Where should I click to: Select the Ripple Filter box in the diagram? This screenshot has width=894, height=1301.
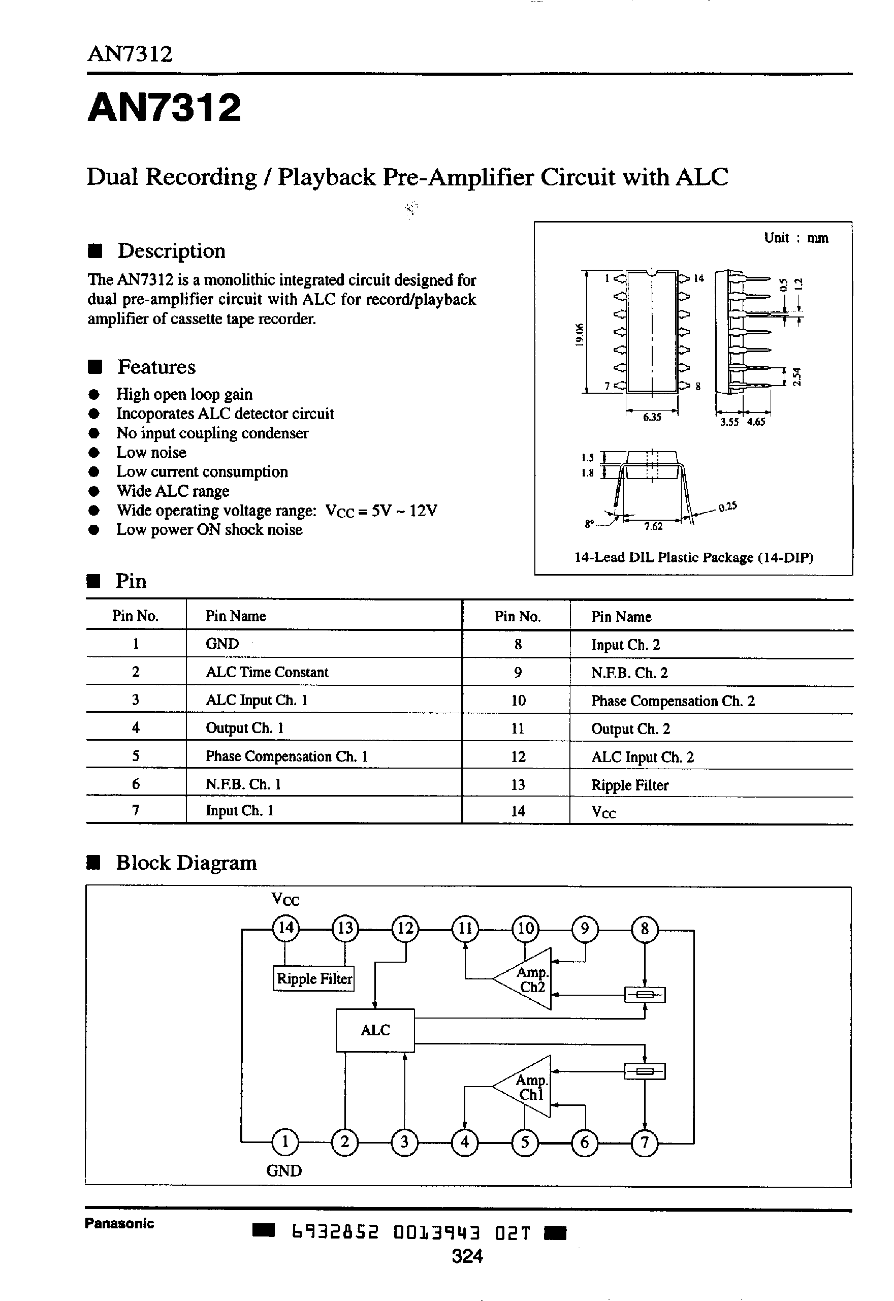pyautogui.click(x=314, y=978)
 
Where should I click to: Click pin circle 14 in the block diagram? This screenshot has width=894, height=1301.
pyautogui.click(x=285, y=928)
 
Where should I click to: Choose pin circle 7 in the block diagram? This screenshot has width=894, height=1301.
pyautogui.click(x=645, y=1141)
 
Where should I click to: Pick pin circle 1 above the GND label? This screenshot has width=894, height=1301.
pyautogui.click(x=285, y=1141)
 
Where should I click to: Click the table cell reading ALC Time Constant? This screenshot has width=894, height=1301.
pyautogui.click(x=267, y=672)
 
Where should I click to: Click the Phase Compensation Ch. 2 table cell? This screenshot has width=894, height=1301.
pyautogui.click(x=673, y=701)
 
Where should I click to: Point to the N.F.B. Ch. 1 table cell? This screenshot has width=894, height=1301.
pyautogui.click(x=243, y=784)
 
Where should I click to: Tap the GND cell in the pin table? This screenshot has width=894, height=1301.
pyautogui.click(x=222, y=644)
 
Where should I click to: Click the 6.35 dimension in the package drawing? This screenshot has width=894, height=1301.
pyautogui.click(x=652, y=417)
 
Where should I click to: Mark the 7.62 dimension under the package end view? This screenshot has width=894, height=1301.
pyautogui.click(x=653, y=526)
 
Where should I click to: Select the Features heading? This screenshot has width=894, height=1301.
pyautogui.click(x=156, y=367)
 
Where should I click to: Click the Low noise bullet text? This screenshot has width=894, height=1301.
pyautogui.click(x=151, y=453)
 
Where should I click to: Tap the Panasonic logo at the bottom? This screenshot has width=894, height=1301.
pyautogui.click(x=119, y=1223)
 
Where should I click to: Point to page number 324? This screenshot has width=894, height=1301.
pyautogui.click(x=467, y=1256)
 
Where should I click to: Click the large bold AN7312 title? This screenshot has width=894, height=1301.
pyautogui.click(x=165, y=108)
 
